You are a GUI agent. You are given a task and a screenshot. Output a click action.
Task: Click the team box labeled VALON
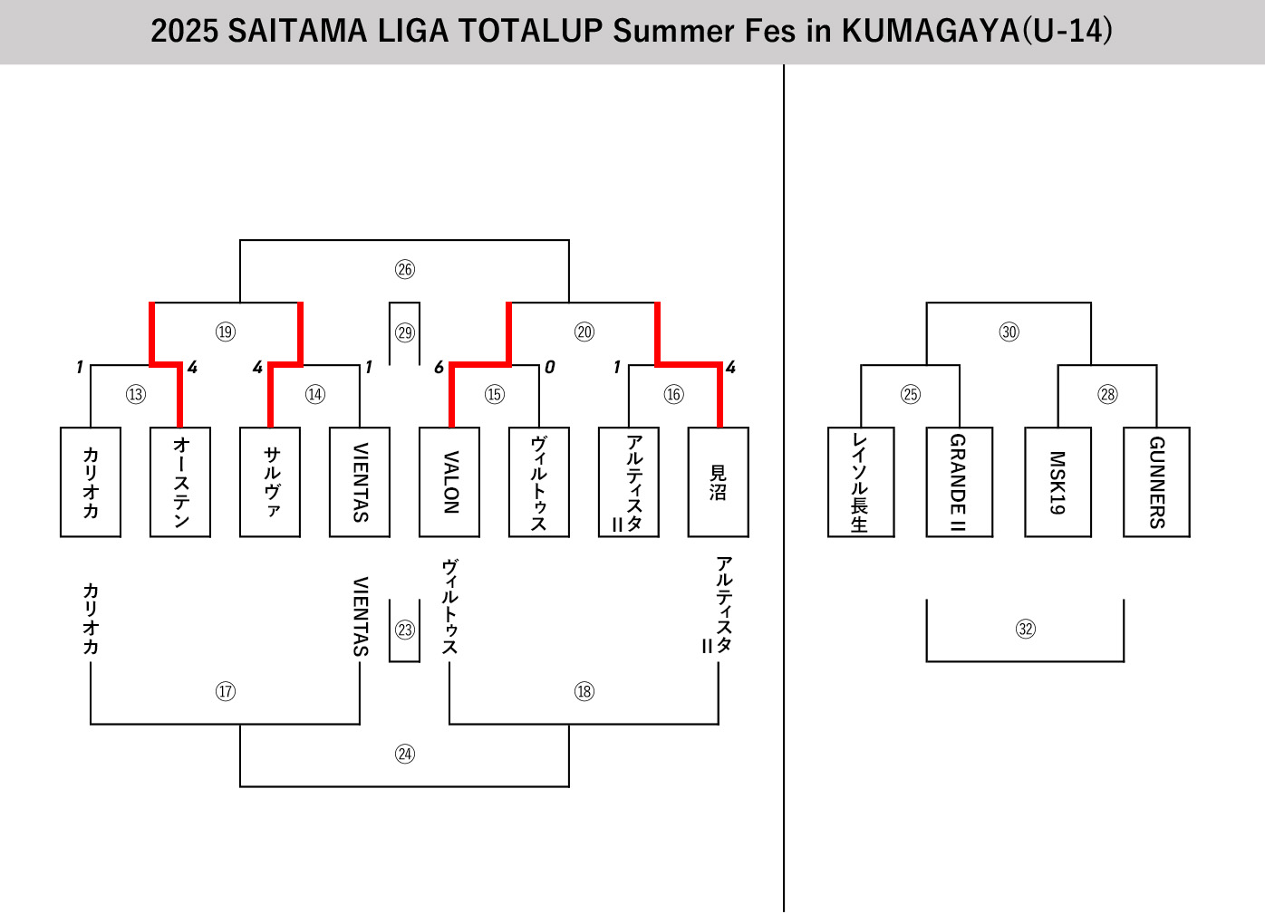pyautogui.click(x=449, y=482)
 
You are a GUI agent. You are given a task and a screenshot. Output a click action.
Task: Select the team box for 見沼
pyautogui.click(x=719, y=482)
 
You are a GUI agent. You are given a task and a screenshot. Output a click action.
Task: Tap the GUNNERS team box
pyautogui.click(x=1156, y=482)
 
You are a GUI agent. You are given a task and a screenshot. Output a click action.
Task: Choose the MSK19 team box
pyautogui.click(x=1057, y=482)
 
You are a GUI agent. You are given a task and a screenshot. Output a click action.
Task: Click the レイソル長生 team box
pyautogui.click(x=861, y=482)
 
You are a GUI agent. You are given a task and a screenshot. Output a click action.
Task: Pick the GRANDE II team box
pyautogui.click(x=959, y=482)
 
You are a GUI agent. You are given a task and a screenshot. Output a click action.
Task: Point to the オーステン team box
pyautogui.click(x=180, y=482)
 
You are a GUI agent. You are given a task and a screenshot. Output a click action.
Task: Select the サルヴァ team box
pyautogui.click(x=270, y=482)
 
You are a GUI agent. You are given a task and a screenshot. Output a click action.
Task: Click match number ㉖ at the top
pyautogui.click(x=405, y=269)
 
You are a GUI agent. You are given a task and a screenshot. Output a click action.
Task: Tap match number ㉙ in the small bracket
pyautogui.click(x=405, y=332)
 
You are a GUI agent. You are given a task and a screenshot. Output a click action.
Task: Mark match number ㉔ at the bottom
pyautogui.click(x=405, y=754)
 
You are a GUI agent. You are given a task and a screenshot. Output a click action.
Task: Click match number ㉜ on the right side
pyautogui.click(x=1025, y=629)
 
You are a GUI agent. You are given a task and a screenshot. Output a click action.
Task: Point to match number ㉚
pyautogui.click(x=1009, y=332)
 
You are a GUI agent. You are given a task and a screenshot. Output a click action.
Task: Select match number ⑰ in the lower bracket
pyautogui.click(x=226, y=691)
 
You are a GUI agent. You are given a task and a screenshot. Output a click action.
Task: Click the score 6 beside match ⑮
pyautogui.click(x=439, y=367)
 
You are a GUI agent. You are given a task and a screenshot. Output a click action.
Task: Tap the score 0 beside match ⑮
pyautogui.click(x=549, y=367)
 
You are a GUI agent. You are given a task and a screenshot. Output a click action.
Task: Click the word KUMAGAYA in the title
pyautogui.click(x=930, y=31)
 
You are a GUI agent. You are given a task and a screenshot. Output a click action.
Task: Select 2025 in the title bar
pyautogui.click(x=185, y=31)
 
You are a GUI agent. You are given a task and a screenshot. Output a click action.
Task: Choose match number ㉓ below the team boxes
pyautogui.click(x=405, y=630)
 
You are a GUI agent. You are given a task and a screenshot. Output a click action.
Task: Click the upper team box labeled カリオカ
pyautogui.click(x=91, y=482)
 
